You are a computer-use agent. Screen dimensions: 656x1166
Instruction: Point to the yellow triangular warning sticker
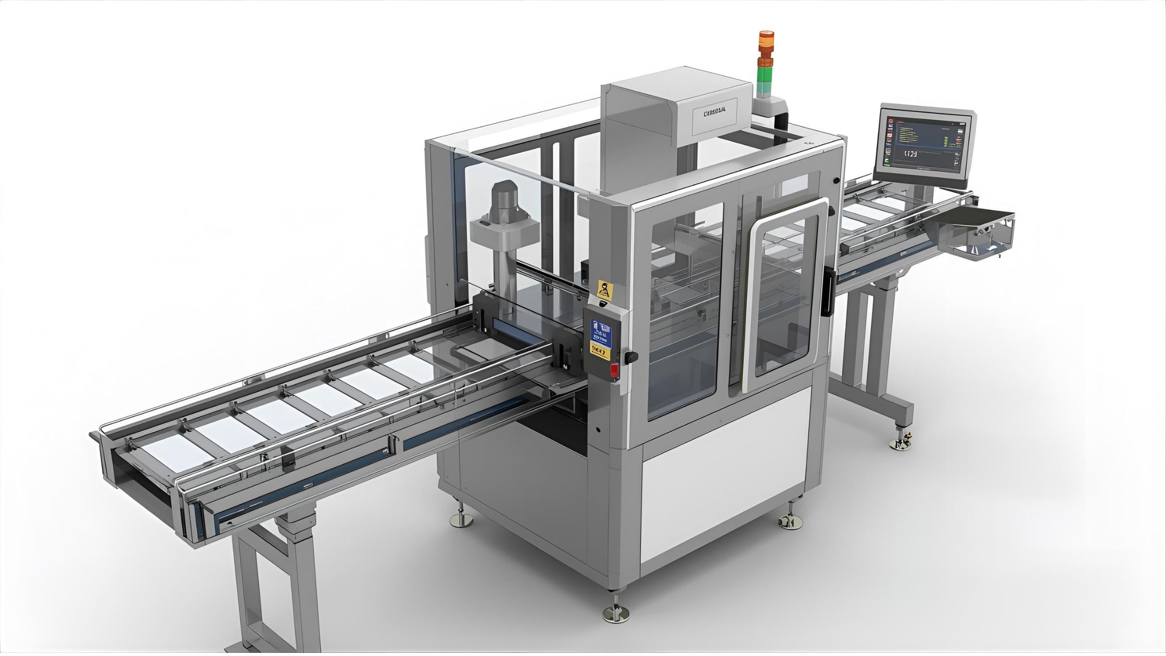coord(604,289)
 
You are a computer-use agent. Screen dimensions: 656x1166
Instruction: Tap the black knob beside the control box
coord(631,357)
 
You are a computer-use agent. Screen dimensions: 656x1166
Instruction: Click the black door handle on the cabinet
coord(826,294)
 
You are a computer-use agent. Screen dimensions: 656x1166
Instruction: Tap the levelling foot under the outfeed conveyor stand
coord(900,443)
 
